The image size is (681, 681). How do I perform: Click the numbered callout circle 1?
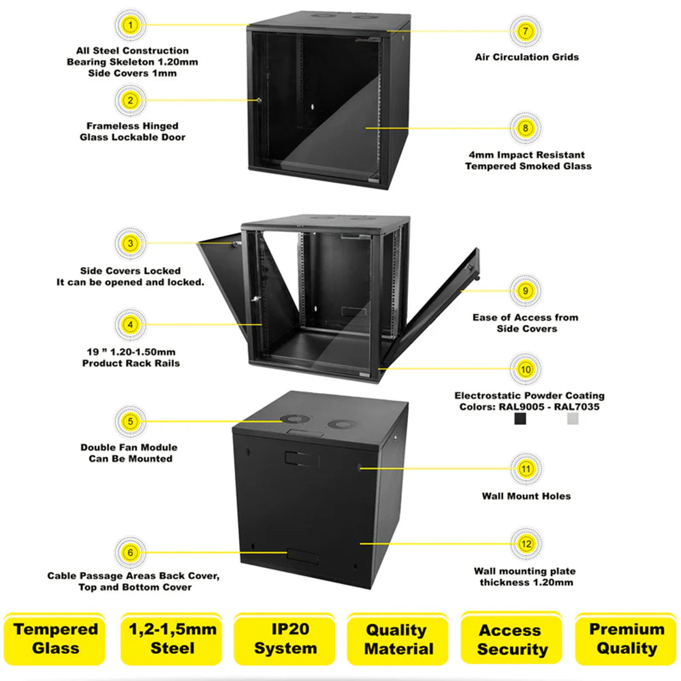click(131, 26)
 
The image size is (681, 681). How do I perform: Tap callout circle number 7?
click(525, 31)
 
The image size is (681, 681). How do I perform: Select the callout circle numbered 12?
click(525, 544)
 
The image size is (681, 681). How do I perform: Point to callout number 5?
click(131, 421)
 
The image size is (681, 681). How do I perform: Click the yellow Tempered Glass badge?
click(56, 639)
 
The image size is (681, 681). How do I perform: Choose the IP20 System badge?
click(285, 639)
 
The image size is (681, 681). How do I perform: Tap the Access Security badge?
click(512, 639)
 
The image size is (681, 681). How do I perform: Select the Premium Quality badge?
click(626, 639)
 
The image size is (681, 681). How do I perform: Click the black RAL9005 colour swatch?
click(520, 420)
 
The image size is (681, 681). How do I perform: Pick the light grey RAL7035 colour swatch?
click(573, 420)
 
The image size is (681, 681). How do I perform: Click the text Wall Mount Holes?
click(526, 496)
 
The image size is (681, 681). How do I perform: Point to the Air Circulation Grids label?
click(526, 57)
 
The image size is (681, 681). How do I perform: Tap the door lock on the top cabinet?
click(259, 101)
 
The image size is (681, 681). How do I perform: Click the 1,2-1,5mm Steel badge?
click(172, 639)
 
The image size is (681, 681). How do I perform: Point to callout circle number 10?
click(525, 370)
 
